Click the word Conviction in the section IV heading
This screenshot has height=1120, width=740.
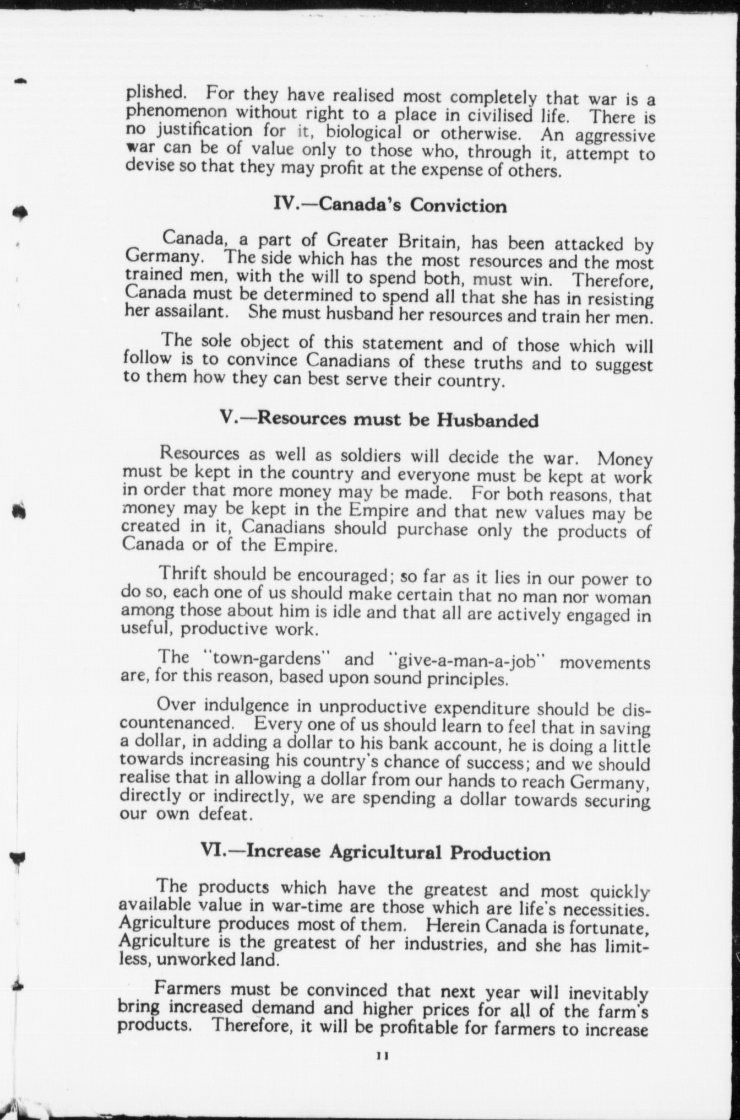(x=458, y=206)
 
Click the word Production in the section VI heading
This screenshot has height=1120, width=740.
(x=500, y=854)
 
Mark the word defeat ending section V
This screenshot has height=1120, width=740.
(x=226, y=814)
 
